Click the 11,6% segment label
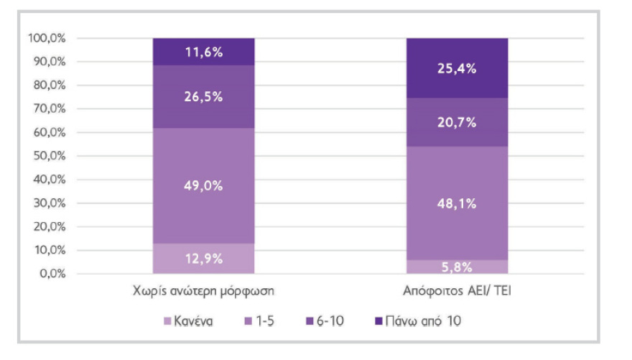click(x=203, y=52)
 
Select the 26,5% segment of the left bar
click(x=203, y=97)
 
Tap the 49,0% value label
click(x=203, y=185)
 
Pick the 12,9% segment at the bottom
click(x=203, y=259)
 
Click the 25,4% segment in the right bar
click(x=457, y=69)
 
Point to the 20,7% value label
click(x=457, y=122)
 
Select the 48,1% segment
click(x=457, y=203)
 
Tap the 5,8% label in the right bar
click(x=457, y=267)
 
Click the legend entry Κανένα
click(x=190, y=321)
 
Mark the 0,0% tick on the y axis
click(x=51, y=274)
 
